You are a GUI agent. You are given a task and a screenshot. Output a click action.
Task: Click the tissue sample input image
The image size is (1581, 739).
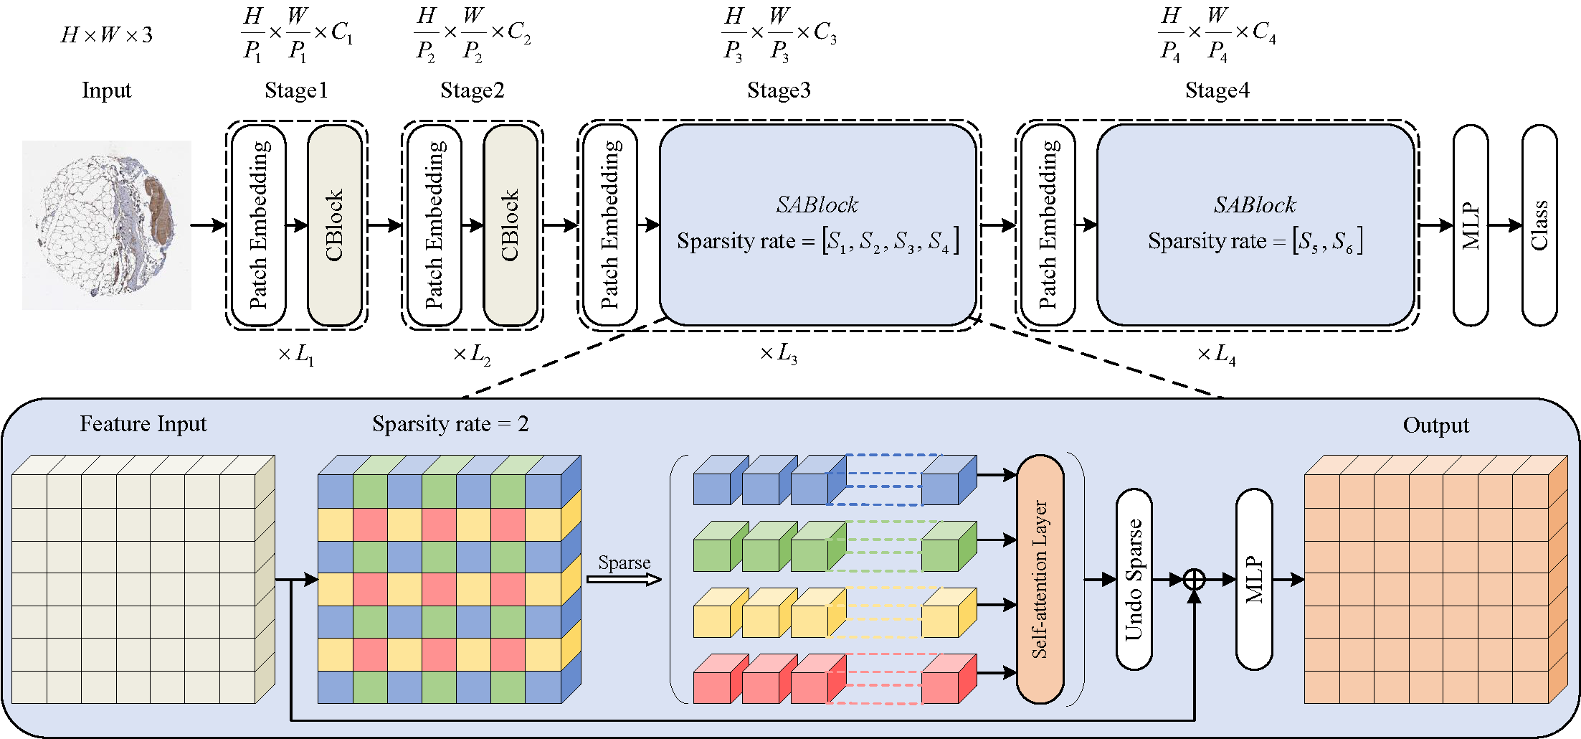107,225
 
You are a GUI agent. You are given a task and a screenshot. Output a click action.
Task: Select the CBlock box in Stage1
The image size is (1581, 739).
334,225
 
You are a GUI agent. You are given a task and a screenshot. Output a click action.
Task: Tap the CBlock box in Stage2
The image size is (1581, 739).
510,225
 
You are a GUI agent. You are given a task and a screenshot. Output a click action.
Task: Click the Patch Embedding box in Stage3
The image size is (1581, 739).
609,225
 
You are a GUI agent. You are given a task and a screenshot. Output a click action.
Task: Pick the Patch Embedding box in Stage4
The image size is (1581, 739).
1048,225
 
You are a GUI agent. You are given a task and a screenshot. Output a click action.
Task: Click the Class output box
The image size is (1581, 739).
1539,225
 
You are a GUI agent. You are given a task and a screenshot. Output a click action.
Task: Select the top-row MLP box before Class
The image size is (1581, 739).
1470,225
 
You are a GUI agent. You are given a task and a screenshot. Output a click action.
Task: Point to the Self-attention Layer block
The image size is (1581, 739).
1040,579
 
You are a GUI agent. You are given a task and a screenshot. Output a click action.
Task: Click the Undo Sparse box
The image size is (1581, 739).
1134,579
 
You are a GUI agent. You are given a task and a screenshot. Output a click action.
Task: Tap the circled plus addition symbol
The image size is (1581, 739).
1194,579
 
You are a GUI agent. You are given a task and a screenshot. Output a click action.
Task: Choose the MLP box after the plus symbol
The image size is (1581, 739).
1254,579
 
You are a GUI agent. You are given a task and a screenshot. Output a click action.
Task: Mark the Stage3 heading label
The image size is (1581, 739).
779,90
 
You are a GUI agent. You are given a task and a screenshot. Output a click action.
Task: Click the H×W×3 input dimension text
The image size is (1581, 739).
107,35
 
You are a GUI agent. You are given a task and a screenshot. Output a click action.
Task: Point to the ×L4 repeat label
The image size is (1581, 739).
1217,354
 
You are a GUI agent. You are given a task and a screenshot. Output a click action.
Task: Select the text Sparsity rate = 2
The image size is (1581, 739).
450,424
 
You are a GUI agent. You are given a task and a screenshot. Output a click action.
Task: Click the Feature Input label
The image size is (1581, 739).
143,424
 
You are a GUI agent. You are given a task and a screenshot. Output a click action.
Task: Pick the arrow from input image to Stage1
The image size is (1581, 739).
209,225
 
